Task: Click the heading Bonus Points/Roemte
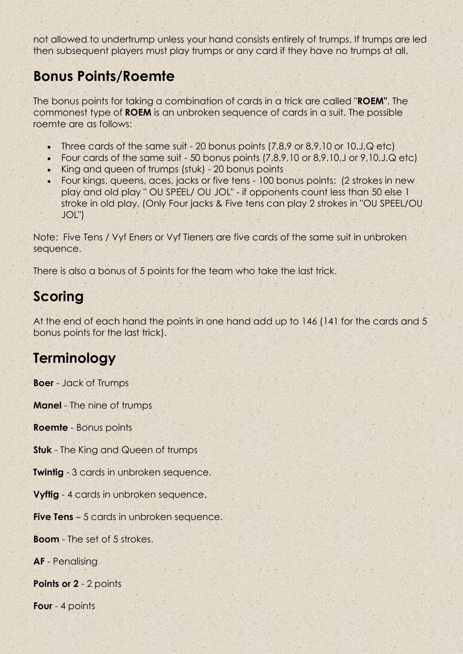(x=104, y=77)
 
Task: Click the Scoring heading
(x=58, y=297)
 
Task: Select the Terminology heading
(x=74, y=358)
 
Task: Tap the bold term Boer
(x=43, y=383)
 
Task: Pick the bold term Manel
(x=47, y=405)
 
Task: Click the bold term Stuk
(x=42, y=450)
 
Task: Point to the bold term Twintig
(x=48, y=472)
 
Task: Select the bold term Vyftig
(x=46, y=495)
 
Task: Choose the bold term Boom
(x=46, y=539)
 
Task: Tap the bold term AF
(x=39, y=561)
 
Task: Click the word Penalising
(x=75, y=561)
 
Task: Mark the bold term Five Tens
(x=53, y=517)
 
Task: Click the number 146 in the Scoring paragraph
(x=309, y=321)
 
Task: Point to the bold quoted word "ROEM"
(x=372, y=101)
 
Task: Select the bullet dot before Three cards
(x=49, y=147)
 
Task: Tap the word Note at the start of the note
(x=44, y=237)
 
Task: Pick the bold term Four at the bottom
(x=43, y=606)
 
